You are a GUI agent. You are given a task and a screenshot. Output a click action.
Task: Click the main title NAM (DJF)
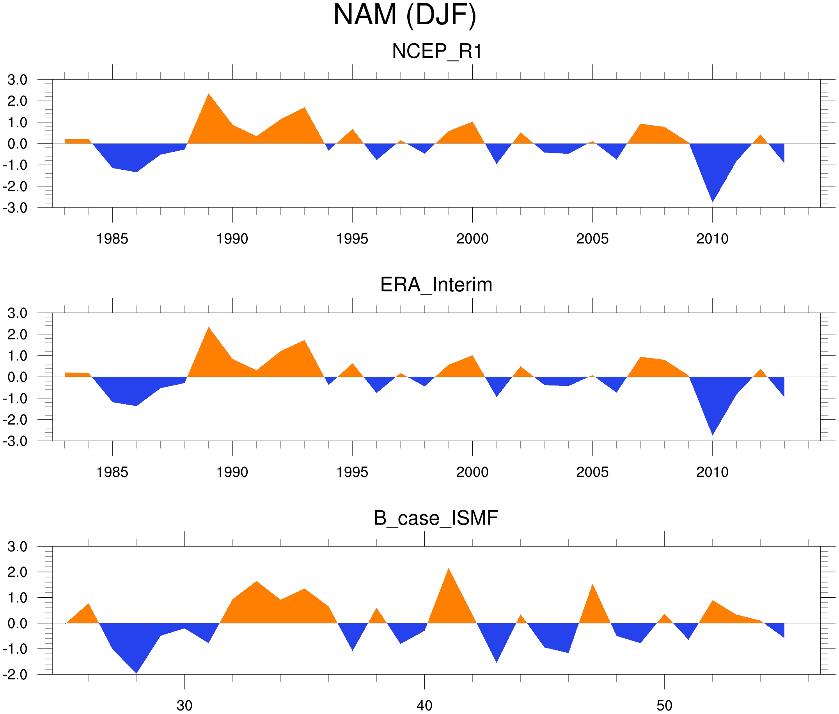[404, 15]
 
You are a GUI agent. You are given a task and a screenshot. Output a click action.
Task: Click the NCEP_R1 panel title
[437, 52]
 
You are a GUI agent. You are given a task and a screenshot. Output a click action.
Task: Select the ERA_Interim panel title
[436, 284]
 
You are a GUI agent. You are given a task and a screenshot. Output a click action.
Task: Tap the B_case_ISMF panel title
[436, 518]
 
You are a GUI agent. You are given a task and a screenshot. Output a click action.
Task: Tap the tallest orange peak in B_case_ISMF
[449, 572]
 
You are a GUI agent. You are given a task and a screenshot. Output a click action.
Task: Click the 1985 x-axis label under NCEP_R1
[112, 239]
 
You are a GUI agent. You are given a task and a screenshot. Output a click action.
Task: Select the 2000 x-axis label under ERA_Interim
[472, 472]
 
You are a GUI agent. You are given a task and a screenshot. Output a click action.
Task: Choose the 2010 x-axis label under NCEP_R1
[712, 239]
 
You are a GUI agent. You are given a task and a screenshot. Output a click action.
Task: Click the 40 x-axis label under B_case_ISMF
[424, 705]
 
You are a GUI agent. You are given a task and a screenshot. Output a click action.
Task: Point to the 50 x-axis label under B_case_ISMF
[664, 705]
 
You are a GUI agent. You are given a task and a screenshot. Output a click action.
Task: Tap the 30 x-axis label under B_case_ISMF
[184, 705]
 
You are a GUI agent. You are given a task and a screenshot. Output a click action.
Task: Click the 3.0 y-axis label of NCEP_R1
[18, 80]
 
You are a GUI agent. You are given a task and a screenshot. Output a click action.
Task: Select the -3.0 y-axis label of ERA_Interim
[15, 441]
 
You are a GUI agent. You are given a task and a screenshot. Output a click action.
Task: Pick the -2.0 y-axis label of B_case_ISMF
[15, 675]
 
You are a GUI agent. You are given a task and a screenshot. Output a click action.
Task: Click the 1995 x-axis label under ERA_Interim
[352, 472]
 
